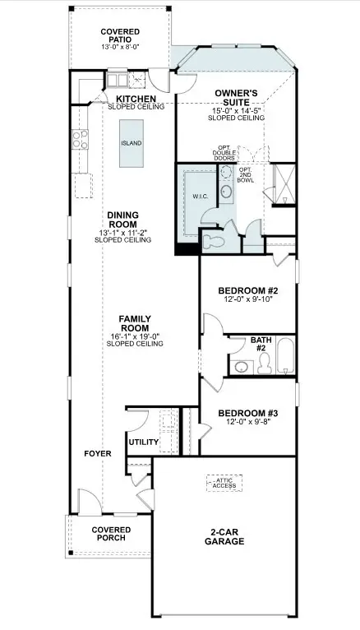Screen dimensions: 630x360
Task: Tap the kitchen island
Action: (x=131, y=143)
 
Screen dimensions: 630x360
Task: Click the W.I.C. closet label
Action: (x=200, y=197)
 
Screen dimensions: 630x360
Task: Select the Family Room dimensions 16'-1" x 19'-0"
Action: (x=134, y=336)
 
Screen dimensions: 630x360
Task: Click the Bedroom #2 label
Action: (x=248, y=290)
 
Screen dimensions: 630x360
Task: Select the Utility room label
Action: (x=143, y=442)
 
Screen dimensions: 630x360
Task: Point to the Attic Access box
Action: (x=224, y=483)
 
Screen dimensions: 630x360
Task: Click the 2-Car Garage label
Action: (x=224, y=537)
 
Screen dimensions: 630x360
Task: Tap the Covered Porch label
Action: (x=108, y=534)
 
